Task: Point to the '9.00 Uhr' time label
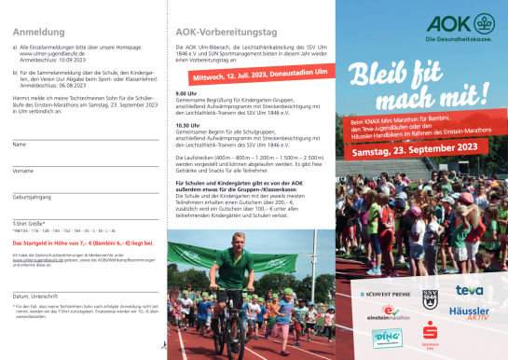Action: click(x=185, y=93)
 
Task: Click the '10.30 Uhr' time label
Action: click(x=187, y=124)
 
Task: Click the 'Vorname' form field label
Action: click(x=23, y=171)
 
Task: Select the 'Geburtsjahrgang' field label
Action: click(x=34, y=198)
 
